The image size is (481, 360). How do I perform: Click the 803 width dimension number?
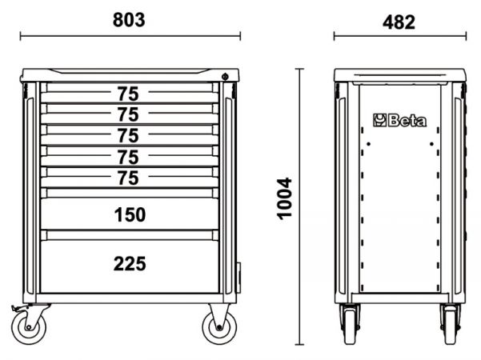[129, 20]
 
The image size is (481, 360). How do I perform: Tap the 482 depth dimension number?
[399, 22]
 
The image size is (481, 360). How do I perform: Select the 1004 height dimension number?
[284, 198]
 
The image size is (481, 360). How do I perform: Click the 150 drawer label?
[130, 214]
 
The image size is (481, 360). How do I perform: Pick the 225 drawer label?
[130, 264]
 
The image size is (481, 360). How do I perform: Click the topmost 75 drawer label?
[128, 94]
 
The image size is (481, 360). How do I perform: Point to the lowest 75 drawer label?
[128, 178]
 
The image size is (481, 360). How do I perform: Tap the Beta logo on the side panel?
[399, 120]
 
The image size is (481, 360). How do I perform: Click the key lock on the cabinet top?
[225, 76]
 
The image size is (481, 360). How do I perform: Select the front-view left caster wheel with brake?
[29, 327]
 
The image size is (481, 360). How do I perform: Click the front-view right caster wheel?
[219, 327]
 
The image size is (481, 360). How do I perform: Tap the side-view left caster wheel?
[350, 325]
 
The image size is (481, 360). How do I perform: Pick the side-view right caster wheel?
[450, 325]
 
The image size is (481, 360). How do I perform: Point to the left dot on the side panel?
[368, 144]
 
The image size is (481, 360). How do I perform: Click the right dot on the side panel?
[431, 144]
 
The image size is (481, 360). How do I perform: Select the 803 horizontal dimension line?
[130, 36]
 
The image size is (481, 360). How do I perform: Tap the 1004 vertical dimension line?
[299, 206]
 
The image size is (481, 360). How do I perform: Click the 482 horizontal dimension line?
[400, 36]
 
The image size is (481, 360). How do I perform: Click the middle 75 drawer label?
[128, 135]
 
